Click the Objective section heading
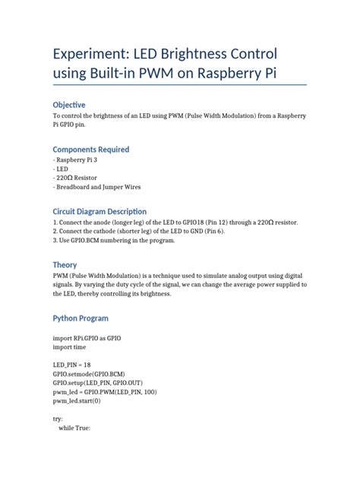click(x=69, y=104)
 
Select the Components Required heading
click(x=90, y=150)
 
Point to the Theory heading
click(x=65, y=264)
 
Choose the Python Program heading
click(x=80, y=318)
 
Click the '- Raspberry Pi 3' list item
click(x=76, y=162)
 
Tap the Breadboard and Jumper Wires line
click(x=96, y=187)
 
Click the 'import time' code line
click(x=70, y=346)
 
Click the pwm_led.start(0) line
click(x=77, y=402)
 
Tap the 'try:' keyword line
click(x=58, y=419)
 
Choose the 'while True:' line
click(x=75, y=428)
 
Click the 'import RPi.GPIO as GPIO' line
click(x=87, y=337)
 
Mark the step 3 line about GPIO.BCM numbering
click(x=114, y=240)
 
